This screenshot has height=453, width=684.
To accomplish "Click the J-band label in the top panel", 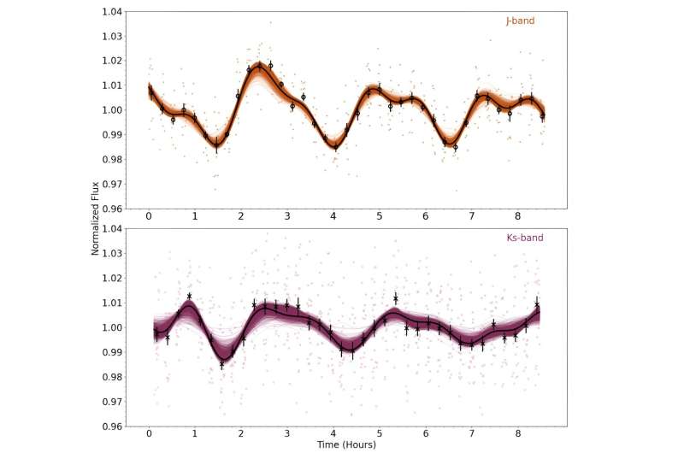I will click(520, 21).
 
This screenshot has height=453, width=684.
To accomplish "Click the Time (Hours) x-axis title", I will click(345, 444).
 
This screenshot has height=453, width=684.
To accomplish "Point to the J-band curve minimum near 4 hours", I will click(335, 146).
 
